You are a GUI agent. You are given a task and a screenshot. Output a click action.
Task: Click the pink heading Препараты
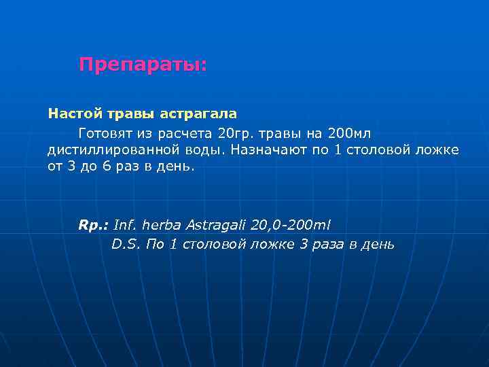click(x=143, y=65)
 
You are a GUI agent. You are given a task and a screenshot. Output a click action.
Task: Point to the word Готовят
click(x=106, y=131)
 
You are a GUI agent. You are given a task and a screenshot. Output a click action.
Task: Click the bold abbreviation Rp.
click(x=94, y=225)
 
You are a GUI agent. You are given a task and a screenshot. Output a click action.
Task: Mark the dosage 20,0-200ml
click(x=290, y=225)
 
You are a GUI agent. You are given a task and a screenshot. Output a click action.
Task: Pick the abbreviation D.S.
click(x=126, y=244)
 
